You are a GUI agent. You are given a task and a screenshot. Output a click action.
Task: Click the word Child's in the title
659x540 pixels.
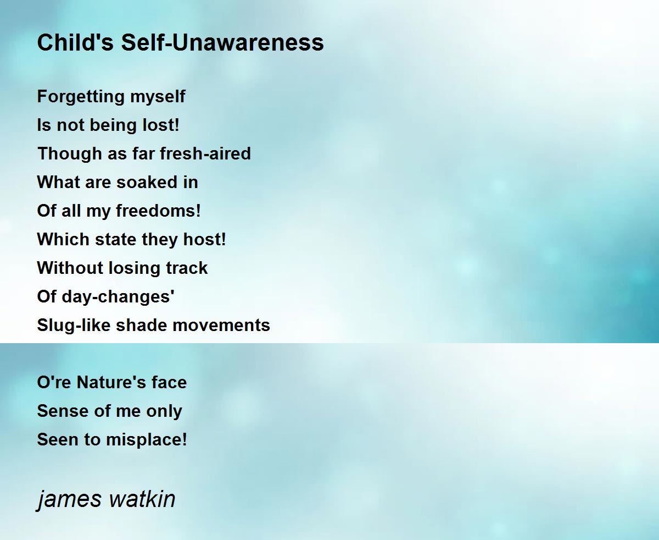click(x=75, y=42)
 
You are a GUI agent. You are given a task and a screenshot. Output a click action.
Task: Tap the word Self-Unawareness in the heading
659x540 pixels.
click(x=222, y=42)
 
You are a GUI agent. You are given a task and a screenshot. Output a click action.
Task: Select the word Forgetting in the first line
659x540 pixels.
click(x=80, y=97)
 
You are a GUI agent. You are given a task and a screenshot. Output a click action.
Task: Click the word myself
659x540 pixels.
click(x=158, y=97)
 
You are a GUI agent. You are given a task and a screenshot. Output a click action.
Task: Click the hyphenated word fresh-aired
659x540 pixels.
click(x=205, y=153)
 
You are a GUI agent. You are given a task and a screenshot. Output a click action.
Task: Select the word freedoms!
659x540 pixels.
click(x=158, y=211)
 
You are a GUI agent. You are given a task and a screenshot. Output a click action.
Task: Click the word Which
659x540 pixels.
click(x=63, y=239)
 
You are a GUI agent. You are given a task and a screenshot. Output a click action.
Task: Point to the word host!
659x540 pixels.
click(x=204, y=239)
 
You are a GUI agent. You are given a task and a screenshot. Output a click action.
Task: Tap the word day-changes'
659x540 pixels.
click(x=118, y=297)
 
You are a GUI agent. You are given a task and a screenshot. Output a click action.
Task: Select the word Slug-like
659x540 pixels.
click(x=74, y=326)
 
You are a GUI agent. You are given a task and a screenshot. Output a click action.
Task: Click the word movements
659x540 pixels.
click(x=221, y=326)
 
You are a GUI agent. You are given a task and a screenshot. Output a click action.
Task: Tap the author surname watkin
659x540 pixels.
click(x=142, y=499)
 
